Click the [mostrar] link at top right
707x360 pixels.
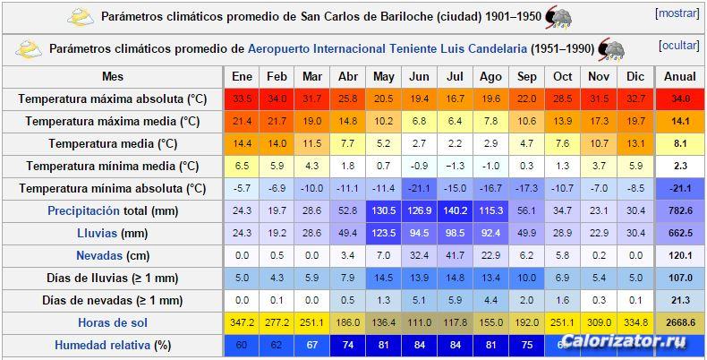(677, 14)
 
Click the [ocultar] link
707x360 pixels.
(677, 46)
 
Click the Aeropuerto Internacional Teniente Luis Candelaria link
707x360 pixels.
(387, 48)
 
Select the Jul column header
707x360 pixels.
(455, 76)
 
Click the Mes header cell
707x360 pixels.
(113, 76)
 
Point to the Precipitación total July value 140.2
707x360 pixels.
(455, 210)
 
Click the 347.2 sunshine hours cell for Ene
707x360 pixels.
(242, 322)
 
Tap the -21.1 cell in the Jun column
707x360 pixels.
(419, 188)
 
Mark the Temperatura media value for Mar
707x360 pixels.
(312, 143)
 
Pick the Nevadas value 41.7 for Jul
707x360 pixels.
(455, 255)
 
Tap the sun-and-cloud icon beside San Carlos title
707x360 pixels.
(81, 16)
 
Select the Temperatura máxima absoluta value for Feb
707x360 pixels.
(277, 99)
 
